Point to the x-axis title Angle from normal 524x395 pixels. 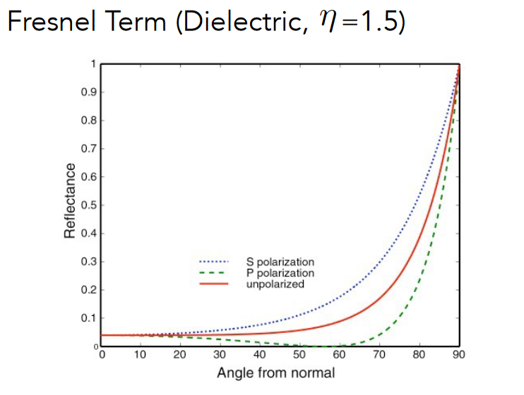[276, 372]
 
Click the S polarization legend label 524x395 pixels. [280, 262]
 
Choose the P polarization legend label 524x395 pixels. [280, 273]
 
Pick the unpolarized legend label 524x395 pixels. [275, 284]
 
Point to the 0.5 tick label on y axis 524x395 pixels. [90, 205]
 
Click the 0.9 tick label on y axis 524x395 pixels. [90, 92]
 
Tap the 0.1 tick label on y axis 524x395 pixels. [90, 318]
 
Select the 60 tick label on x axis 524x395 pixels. [340, 355]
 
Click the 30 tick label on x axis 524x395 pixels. [220, 355]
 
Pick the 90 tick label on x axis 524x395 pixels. [459, 355]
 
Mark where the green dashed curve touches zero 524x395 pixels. [326, 346]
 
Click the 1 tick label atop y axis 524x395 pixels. [93, 64]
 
